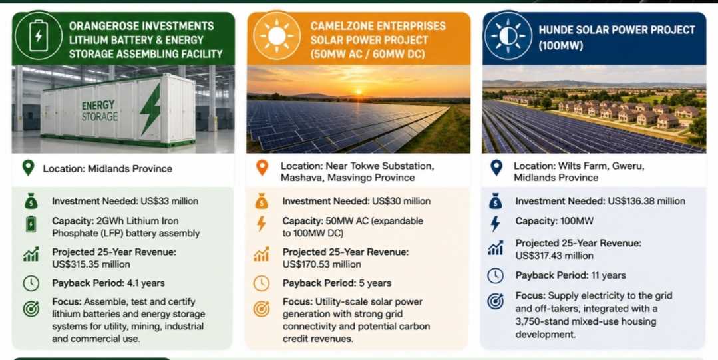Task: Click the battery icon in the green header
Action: (38, 35)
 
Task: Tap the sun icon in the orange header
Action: (277, 36)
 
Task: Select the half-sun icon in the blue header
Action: (508, 36)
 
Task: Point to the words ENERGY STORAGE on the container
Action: (100, 111)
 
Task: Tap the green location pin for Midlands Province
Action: (29, 168)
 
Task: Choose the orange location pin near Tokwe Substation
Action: (262, 168)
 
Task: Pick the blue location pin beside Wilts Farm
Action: (496, 168)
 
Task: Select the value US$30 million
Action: (401, 201)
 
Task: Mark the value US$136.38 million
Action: (647, 201)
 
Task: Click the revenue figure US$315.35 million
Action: (91, 264)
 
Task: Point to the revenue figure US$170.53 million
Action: (322, 264)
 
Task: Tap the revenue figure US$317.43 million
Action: (554, 256)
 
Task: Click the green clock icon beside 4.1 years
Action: (31, 283)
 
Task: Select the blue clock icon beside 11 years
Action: (495, 275)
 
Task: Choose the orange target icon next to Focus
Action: (262, 309)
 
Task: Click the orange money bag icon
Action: (262, 201)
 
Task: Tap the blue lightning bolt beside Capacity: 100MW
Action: (495, 223)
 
